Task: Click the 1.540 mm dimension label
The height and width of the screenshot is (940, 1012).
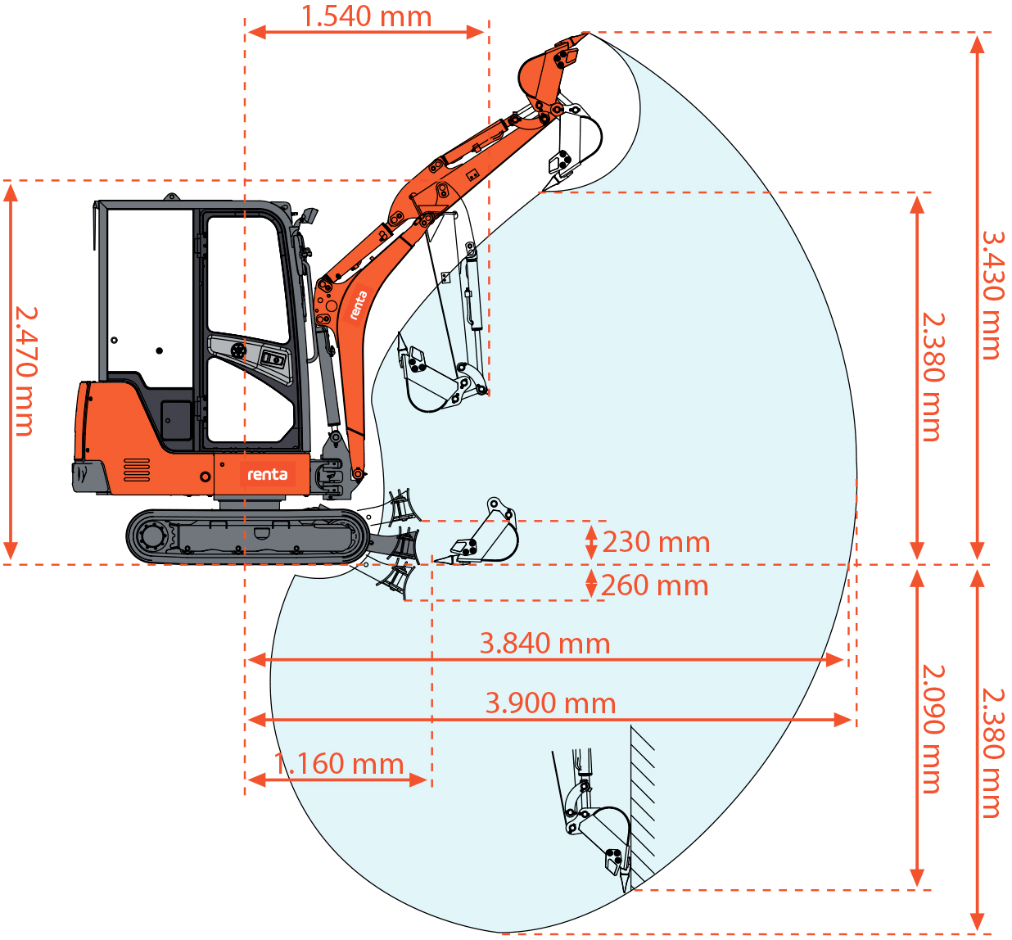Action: (x=366, y=16)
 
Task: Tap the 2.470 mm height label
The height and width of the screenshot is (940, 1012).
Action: (x=25, y=371)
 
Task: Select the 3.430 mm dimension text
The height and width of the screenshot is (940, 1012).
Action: (x=992, y=296)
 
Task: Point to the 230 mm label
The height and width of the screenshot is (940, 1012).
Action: (x=656, y=542)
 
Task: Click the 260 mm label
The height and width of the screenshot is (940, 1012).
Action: (x=655, y=585)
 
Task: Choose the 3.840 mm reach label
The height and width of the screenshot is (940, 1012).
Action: (x=544, y=644)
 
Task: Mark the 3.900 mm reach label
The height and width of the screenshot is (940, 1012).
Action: (x=550, y=703)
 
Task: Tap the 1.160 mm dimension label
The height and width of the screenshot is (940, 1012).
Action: (x=338, y=764)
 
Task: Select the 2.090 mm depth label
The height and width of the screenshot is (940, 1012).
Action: (x=933, y=729)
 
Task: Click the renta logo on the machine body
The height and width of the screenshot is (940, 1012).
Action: (x=268, y=475)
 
